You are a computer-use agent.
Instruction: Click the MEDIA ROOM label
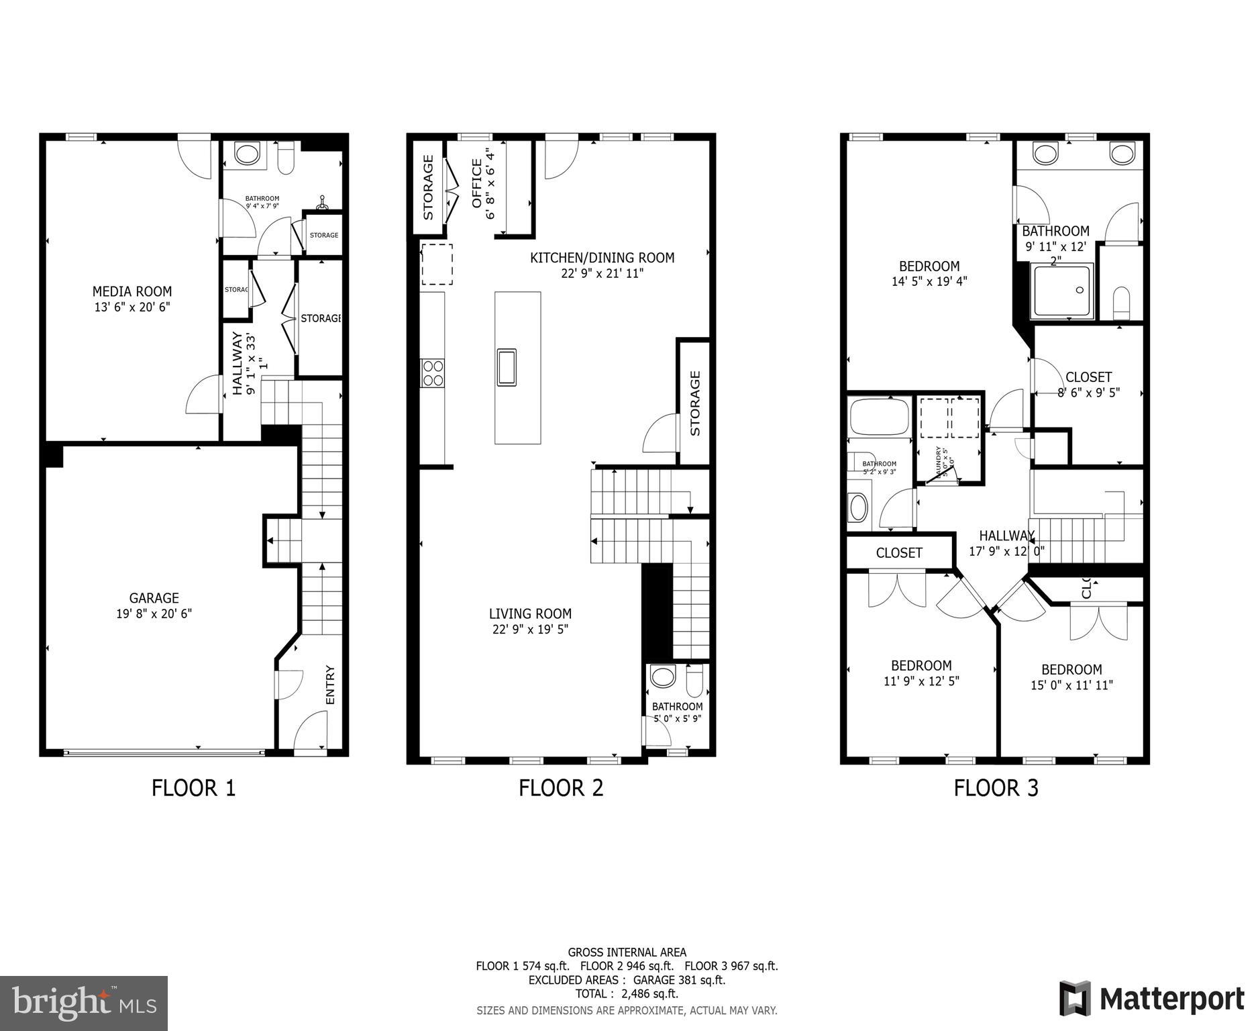[132, 291]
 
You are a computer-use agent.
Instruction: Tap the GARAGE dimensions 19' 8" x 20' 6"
[154, 613]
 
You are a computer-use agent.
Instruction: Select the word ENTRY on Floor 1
[329, 685]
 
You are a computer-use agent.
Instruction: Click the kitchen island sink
[507, 367]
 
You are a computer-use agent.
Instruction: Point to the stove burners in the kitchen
[433, 373]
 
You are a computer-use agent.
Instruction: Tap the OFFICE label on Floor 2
[477, 183]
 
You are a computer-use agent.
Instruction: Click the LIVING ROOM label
[530, 613]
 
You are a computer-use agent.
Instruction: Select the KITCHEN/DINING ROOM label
[602, 258]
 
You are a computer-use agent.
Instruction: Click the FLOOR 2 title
[561, 787]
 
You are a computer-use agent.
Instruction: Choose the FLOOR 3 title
[996, 787]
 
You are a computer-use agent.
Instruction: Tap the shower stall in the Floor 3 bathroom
[1063, 291]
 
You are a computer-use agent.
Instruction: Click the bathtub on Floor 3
[879, 417]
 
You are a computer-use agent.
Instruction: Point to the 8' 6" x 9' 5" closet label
[1088, 393]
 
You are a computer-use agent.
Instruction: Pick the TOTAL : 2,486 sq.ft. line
[627, 994]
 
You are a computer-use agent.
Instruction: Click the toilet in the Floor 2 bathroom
[694, 679]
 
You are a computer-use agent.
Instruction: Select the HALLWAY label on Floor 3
[1006, 536]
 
